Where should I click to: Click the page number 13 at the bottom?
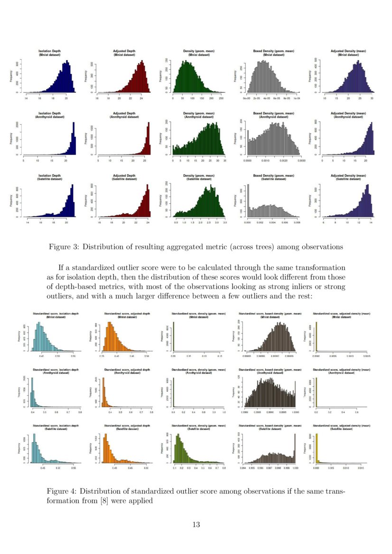[196, 524]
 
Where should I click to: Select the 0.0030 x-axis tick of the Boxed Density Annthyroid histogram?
[297, 161]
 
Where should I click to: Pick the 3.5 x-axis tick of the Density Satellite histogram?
[224, 222]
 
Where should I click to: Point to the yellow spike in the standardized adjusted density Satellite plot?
[317, 448]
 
